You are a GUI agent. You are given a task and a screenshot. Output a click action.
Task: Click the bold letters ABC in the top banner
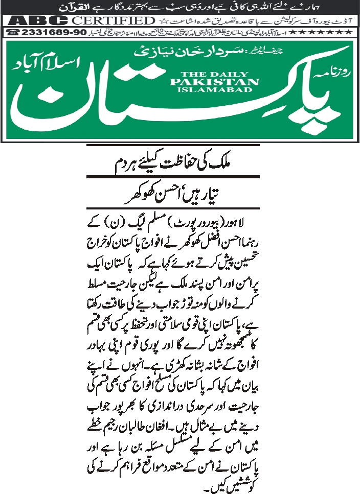(38, 20)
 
